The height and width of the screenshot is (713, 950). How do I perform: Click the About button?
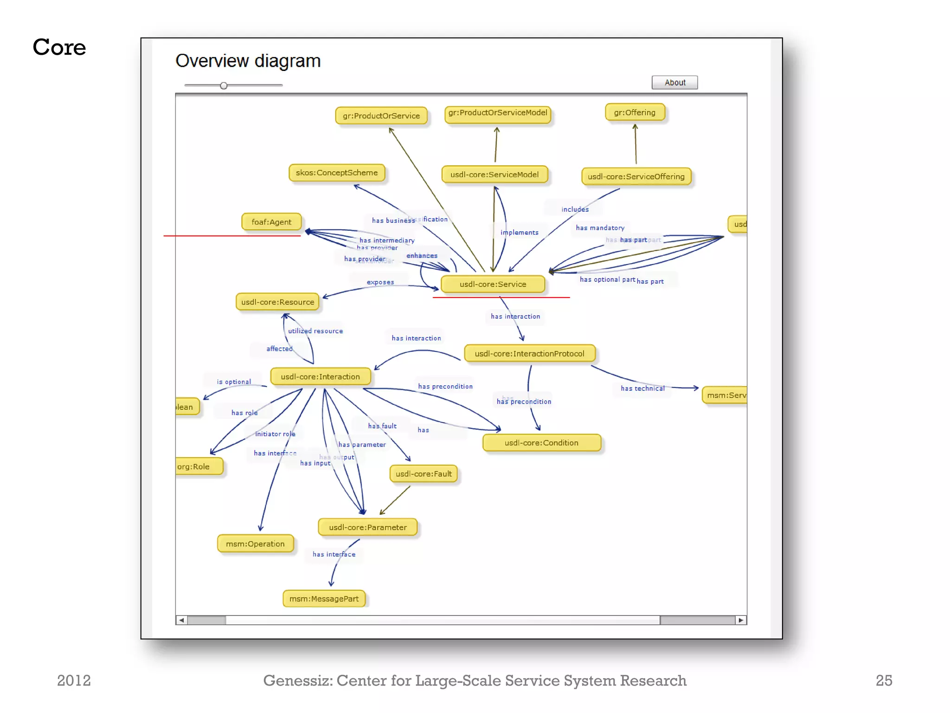coord(674,83)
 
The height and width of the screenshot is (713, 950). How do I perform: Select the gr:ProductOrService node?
coord(381,116)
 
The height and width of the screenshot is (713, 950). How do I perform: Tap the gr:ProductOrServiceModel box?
coord(498,113)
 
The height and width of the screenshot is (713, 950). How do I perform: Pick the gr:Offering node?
coord(635,112)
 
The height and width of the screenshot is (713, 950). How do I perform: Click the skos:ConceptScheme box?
coord(337,173)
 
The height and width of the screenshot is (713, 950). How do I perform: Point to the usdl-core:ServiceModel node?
coord(494,175)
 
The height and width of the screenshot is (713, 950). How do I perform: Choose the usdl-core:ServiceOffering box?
coord(636,176)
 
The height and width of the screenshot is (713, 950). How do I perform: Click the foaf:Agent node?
coord(271,222)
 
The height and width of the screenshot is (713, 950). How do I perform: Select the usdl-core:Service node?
coord(493,284)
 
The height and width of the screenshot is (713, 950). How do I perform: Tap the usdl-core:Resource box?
coord(277,302)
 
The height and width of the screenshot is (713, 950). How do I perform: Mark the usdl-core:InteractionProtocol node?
coord(529,354)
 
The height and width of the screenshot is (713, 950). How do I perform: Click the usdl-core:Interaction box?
coord(320,376)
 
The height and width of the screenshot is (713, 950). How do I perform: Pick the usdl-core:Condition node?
coord(541,443)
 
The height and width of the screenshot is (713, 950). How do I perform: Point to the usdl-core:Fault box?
coord(424,474)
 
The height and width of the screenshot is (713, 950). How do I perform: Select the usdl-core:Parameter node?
coord(367,527)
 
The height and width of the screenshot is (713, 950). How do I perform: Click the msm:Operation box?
coord(255,544)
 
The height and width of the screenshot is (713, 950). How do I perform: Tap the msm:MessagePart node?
coord(324,599)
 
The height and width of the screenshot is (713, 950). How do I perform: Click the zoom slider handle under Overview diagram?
coord(224,86)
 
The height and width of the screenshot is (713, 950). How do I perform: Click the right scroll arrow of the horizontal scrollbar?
coord(741,620)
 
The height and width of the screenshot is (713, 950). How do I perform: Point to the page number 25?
coord(884,681)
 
